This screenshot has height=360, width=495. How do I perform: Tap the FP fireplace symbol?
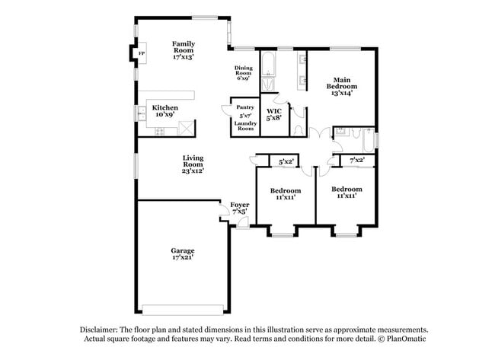142,53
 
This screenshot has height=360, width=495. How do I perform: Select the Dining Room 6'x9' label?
244,73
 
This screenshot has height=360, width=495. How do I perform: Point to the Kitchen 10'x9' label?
165,111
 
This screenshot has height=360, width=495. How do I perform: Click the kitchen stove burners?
160,132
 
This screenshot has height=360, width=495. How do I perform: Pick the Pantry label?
245,107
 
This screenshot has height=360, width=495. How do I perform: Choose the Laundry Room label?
245,126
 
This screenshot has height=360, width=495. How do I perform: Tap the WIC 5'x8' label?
274,114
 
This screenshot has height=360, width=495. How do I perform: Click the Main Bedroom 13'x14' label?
342,87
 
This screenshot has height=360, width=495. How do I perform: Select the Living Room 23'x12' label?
193,164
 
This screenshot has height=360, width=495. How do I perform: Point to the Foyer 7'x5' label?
240,209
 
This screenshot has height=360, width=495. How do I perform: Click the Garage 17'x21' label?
183,254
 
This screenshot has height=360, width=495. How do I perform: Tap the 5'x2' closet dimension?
286,162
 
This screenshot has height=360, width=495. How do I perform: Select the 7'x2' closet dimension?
357,161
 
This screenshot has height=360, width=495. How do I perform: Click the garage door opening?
183,310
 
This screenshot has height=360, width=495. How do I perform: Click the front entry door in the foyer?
244,222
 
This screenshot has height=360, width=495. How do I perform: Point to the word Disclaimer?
99,330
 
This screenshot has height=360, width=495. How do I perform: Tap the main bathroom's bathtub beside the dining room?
269,63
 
